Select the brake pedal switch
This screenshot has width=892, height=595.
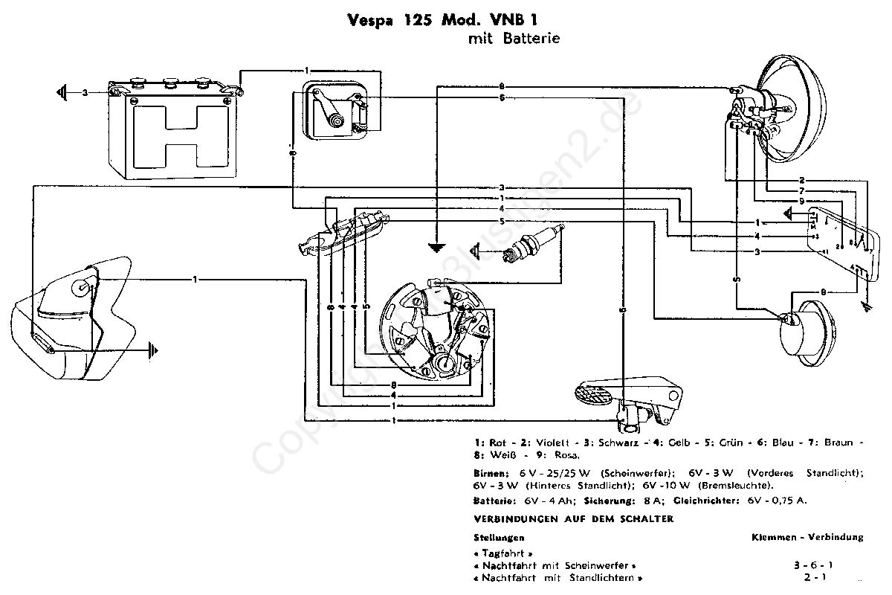tap(632, 402)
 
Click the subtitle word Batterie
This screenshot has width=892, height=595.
tap(532, 38)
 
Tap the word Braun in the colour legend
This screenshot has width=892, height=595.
tap(836, 442)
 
